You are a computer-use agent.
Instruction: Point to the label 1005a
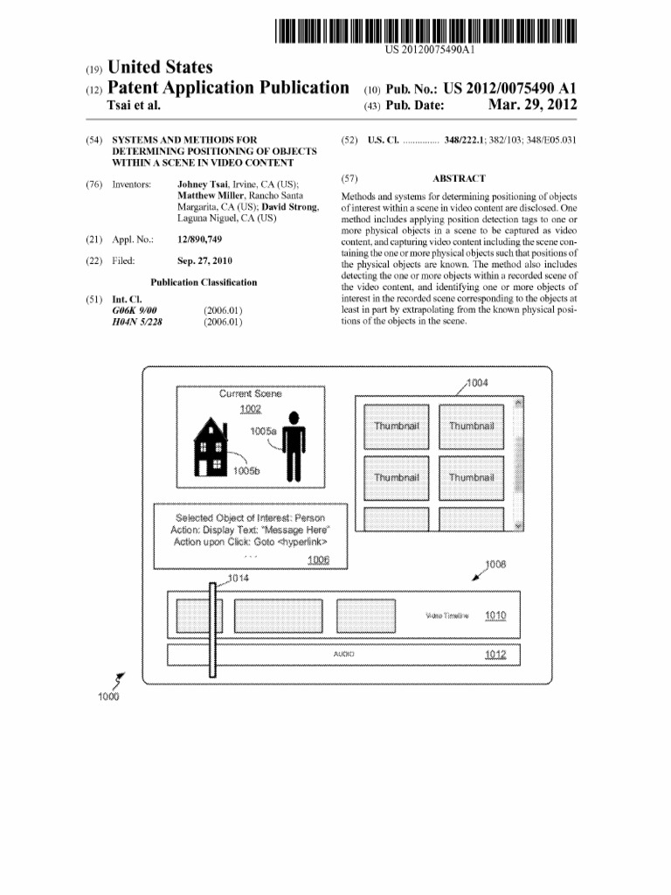point(263,431)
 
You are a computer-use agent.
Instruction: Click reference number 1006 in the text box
point(320,559)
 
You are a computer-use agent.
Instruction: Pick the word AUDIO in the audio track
point(343,654)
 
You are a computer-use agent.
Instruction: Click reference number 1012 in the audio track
point(495,654)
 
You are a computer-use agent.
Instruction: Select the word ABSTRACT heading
point(459,178)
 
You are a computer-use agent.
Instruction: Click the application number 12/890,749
point(199,239)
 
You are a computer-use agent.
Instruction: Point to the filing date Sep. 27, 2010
point(204,260)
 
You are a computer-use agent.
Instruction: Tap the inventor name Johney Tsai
point(202,184)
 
